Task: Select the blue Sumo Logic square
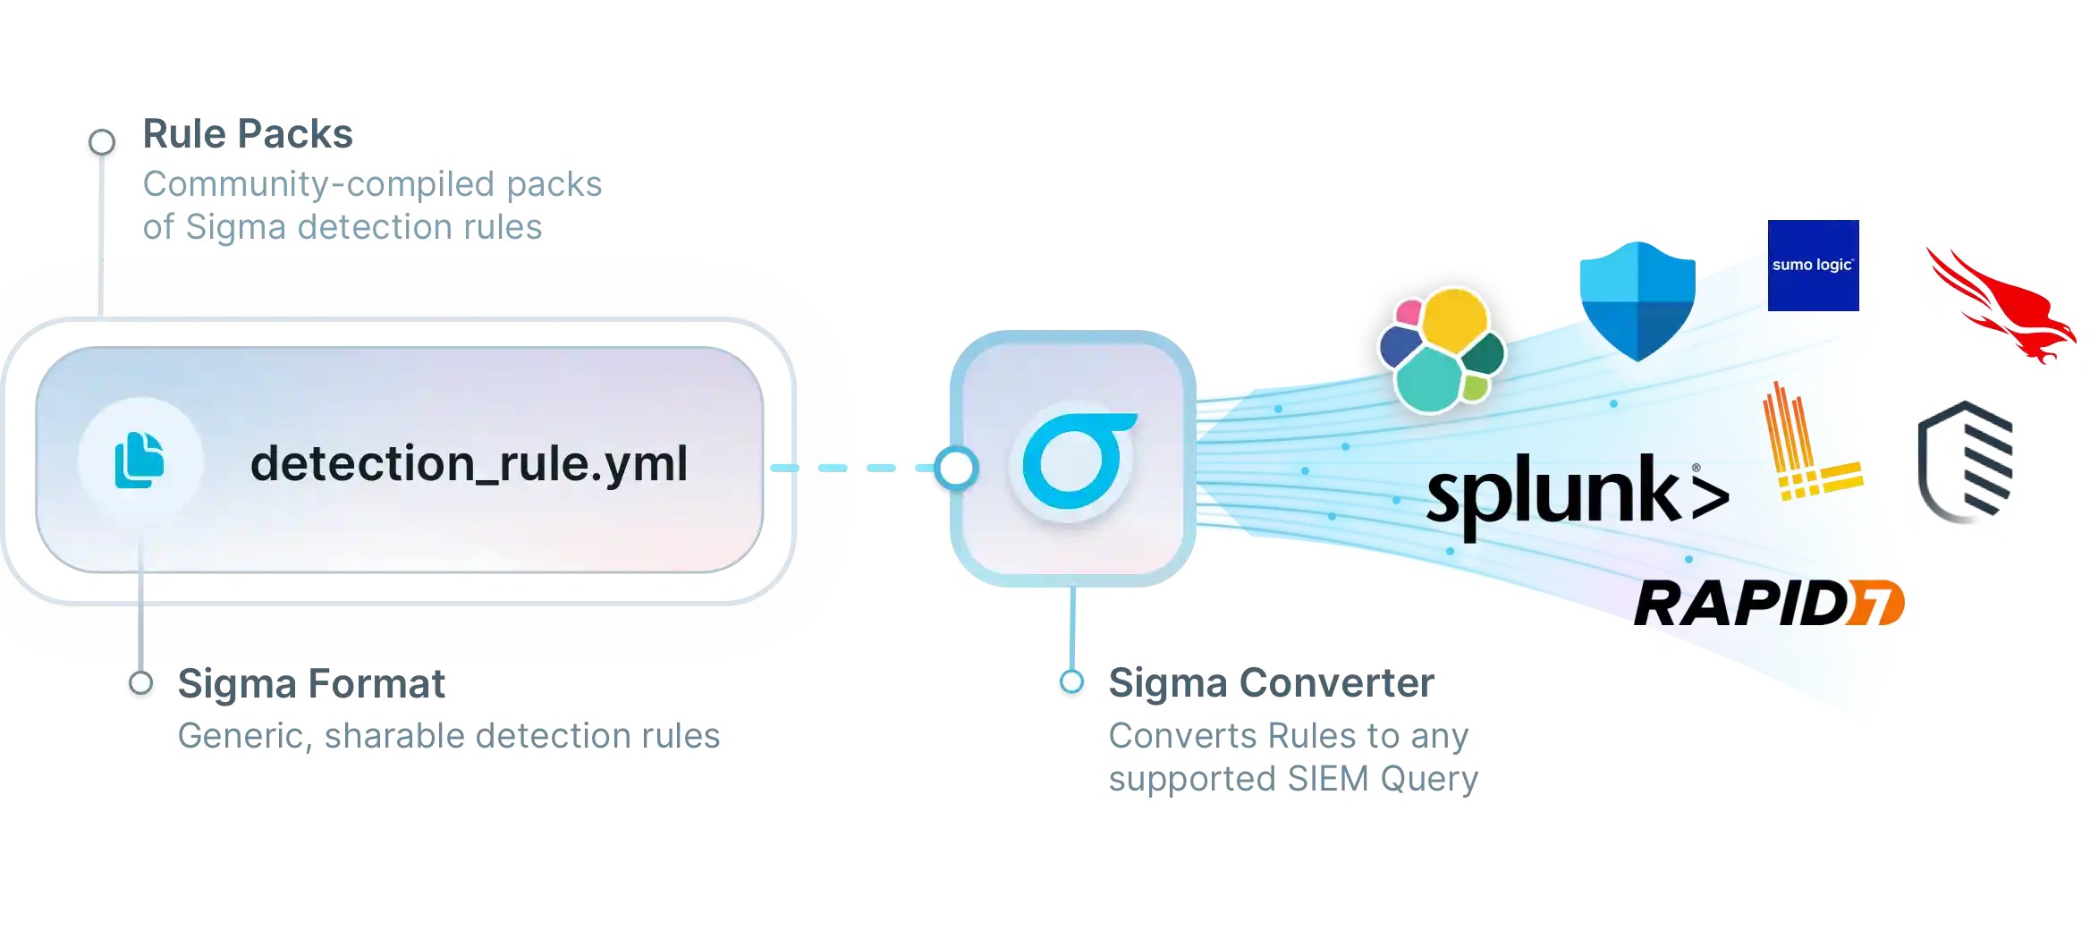click(x=1813, y=266)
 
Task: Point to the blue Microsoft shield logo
click(x=1637, y=300)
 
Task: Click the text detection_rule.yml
click(x=469, y=464)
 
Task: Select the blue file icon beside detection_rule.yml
click(x=140, y=461)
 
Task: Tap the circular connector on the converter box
click(x=956, y=468)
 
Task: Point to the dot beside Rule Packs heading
click(x=102, y=141)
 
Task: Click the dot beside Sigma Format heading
click(x=140, y=683)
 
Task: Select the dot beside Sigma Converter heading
click(x=1071, y=682)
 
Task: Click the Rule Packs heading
click(x=250, y=133)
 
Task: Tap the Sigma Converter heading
click(x=1271, y=685)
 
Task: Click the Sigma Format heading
click(x=314, y=684)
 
